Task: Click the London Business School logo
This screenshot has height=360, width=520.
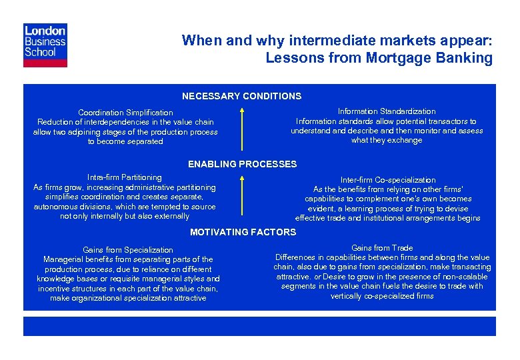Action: click(45, 45)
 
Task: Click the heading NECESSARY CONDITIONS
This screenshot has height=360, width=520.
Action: click(241, 96)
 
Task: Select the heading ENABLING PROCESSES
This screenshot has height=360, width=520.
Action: click(242, 164)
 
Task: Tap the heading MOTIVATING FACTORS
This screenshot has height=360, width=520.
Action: click(243, 232)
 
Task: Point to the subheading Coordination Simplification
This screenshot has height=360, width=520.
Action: click(125, 113)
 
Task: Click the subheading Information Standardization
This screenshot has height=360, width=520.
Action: click(387, 111)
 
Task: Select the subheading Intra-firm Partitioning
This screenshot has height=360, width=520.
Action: click(125, 177)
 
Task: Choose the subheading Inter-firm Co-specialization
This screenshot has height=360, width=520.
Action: click(387, 180)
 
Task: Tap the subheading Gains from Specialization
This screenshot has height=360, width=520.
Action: click(128, 250)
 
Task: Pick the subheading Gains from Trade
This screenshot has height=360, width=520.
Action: click(382, 248)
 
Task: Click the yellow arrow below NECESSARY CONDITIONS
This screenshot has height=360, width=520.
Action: click(242, 124)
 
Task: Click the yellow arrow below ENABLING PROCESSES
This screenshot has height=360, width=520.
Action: click(242, 193)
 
